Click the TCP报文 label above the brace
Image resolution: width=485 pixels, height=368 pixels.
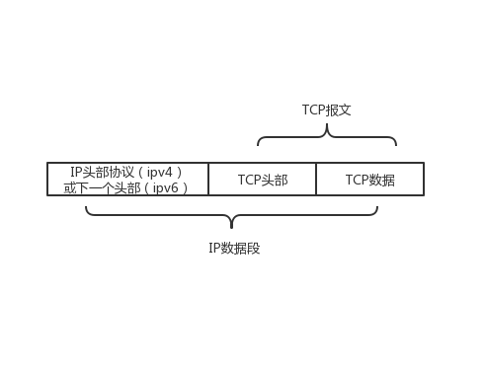pos(326,110)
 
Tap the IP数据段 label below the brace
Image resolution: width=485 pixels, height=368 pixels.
pos(234,249)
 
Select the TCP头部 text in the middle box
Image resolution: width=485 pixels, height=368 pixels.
pos(263,180)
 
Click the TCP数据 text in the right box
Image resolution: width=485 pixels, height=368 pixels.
pos(369,180)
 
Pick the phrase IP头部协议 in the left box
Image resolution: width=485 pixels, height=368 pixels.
pos(104,172)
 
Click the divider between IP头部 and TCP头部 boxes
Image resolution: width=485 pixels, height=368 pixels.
pos(208,180)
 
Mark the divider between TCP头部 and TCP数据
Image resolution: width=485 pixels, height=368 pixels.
pos(316,180)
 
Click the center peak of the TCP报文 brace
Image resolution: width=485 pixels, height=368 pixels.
pos(327,127)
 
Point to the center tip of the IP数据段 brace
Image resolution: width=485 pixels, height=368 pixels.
pos(231,226)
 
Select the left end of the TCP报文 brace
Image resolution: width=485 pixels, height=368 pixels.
pos(259,144)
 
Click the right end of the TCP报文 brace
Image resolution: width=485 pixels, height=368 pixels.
pos(395,144)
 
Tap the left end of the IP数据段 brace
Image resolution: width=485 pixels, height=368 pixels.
pos(87,207)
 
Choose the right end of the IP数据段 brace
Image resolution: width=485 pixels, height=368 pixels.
pos(376,207)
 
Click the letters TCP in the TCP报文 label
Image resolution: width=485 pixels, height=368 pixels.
pos(313,110)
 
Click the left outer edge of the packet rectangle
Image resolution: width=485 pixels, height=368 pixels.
pos(47,180)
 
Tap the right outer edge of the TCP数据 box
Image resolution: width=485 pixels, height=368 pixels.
pos(423,180)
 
